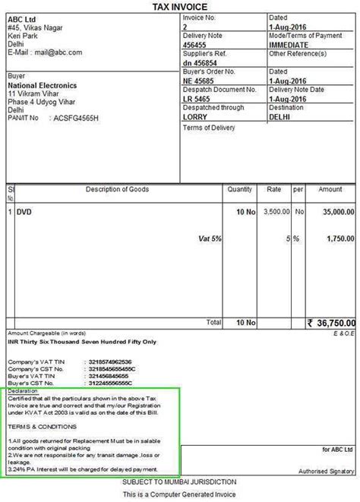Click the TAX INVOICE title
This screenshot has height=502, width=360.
click(x=179, y=5)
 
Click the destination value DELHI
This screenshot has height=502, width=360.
click(x=280, y=118)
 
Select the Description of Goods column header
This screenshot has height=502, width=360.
click(x=117, y=189)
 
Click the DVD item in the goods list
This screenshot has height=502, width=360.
click(x=24, y=213)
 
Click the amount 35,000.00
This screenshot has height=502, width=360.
click(x=333, y=213)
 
